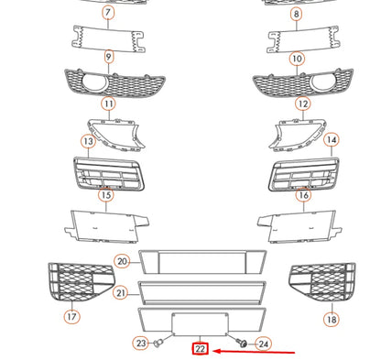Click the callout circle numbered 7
point(108,13)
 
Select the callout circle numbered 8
point(296,13)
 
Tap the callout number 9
point(108,58)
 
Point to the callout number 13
point(88,142)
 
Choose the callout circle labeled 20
point(122,262)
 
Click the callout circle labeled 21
point(120,293)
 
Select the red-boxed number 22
point(201,349)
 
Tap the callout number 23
point(140,344)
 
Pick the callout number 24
point(263,344)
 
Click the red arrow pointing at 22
point(256,350)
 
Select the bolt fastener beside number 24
point(243,342)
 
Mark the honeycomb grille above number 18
point(321,282)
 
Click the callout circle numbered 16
point(303,195)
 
